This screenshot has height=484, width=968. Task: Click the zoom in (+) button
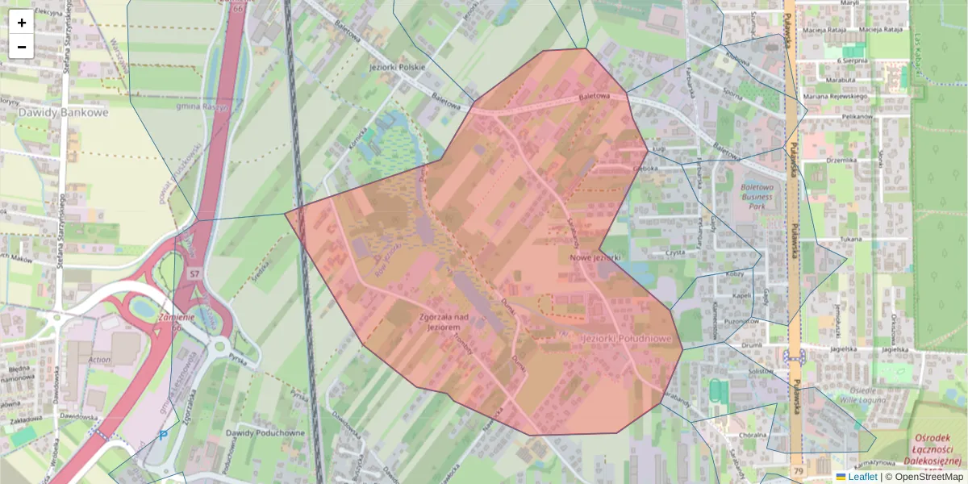point(22,23)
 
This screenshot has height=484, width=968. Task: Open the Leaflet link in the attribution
point(862,477)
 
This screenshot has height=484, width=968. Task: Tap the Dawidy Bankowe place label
point(63,113)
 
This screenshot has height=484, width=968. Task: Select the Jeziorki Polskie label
point(396,67)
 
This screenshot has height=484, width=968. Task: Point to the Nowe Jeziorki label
point(595,257)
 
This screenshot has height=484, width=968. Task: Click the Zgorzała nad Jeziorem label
point(440,323)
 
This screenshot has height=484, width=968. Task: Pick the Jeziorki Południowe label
point(627,339)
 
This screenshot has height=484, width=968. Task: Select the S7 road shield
point(194,274)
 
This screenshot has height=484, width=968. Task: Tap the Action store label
point(100,360)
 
